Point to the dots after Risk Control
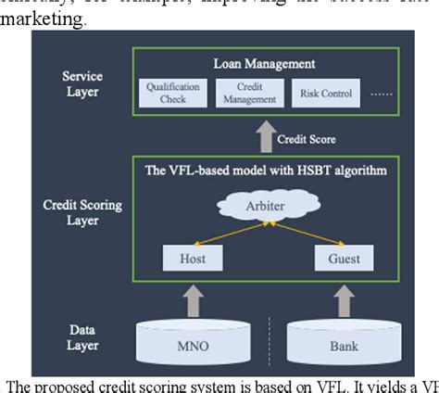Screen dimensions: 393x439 click(x=381, y=95)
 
